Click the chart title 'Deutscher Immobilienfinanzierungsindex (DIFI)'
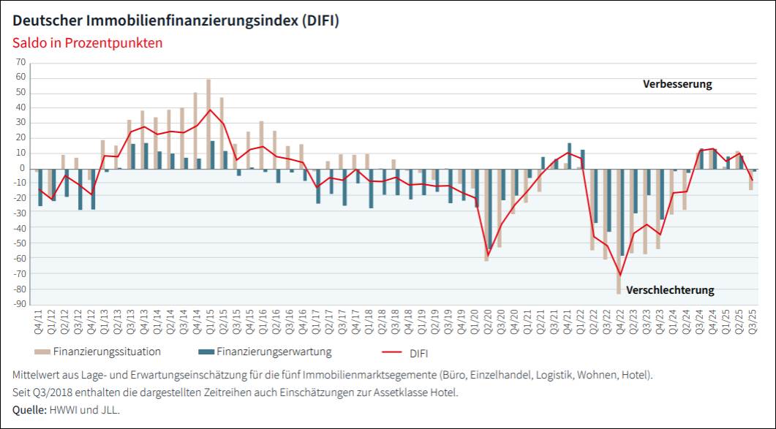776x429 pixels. (176, 20)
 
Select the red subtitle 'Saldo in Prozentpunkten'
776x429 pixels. (88, 42)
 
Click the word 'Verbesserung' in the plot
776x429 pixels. (677, 84)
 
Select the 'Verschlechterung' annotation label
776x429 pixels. (670, 290)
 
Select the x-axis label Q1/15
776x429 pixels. (210, 322)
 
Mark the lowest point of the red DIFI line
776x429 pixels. (620, 276)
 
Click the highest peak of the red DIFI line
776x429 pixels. (211, 110)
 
